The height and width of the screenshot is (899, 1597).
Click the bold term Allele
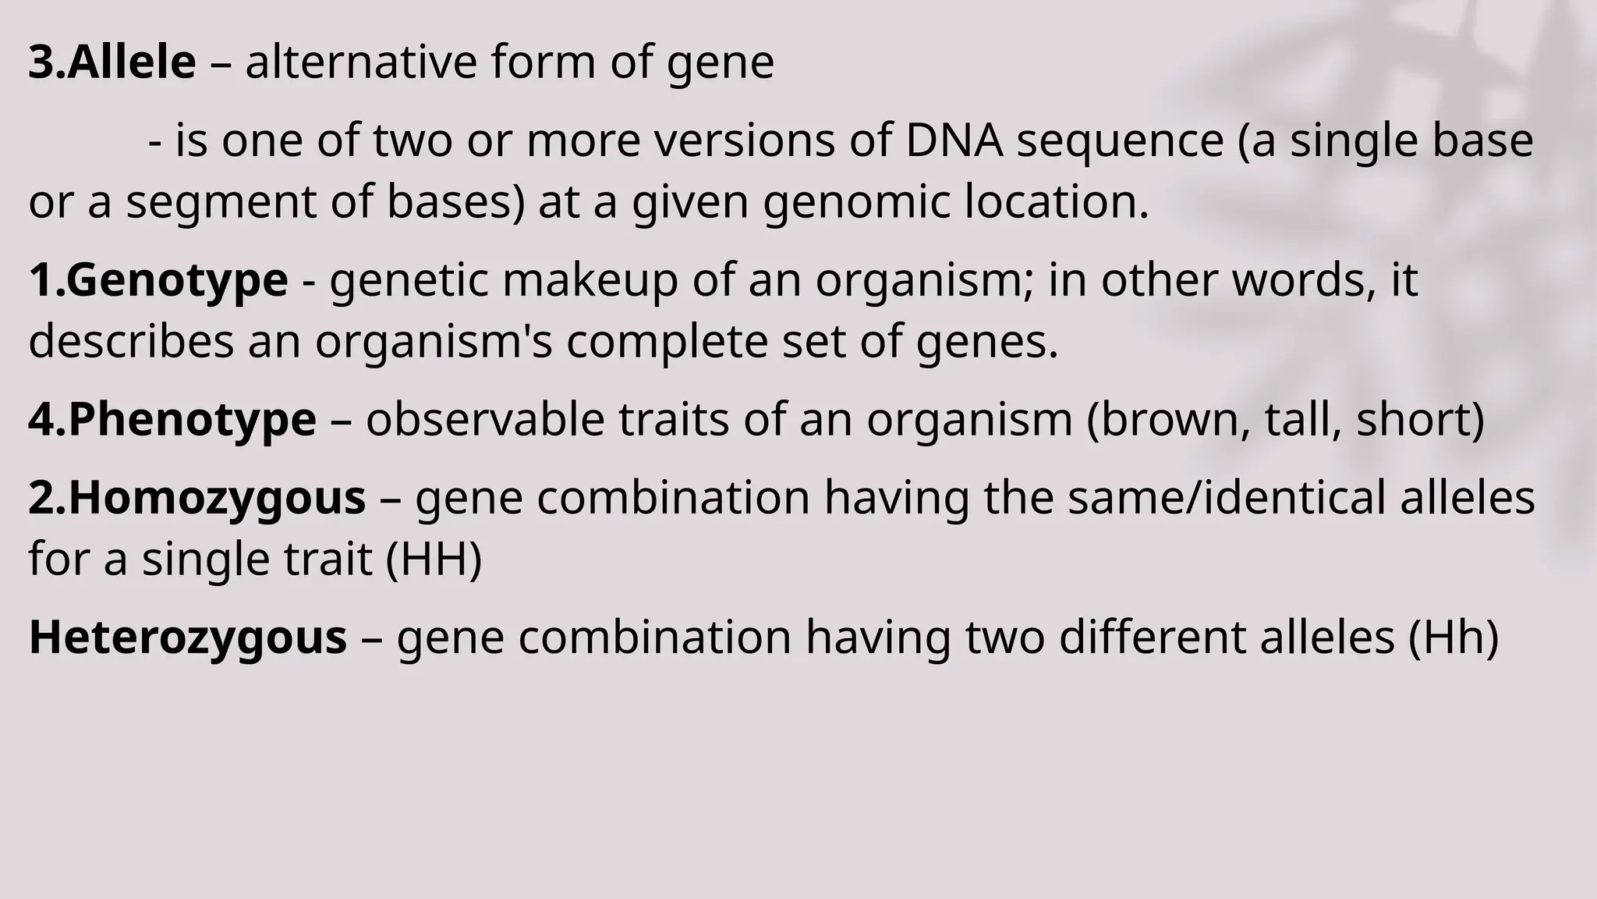click(131, 62)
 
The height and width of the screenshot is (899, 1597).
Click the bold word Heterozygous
click(188, 637)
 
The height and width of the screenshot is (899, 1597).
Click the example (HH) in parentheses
click(434, 560)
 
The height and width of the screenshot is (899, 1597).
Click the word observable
click(485, 420)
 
